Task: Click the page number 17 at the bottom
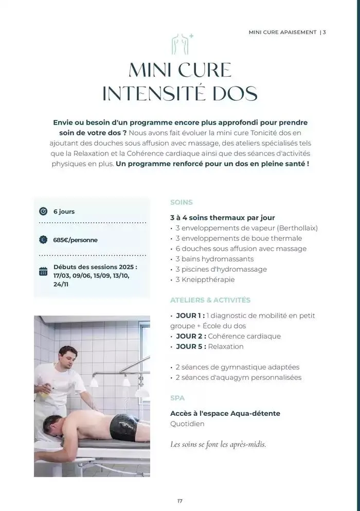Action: click(x=180, y=501)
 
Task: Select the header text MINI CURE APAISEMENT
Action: click(x=282, y=32)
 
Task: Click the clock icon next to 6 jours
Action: click(x=43, y=212)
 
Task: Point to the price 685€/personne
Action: click(x=75, y=240)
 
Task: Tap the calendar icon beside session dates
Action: click(x=43, y=271)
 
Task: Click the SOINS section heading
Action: click(x=182, y=202)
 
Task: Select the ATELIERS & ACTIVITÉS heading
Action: click(x=210, y=300)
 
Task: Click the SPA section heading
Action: click(x=177, y=398)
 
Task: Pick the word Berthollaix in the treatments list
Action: click(x=297, y=228)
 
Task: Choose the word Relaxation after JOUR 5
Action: click(x=226, y=346)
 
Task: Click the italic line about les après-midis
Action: click(x=218, y=444)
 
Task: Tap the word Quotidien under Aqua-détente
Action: click(x=187, y=424)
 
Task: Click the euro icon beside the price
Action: click(x=43, y=240)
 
